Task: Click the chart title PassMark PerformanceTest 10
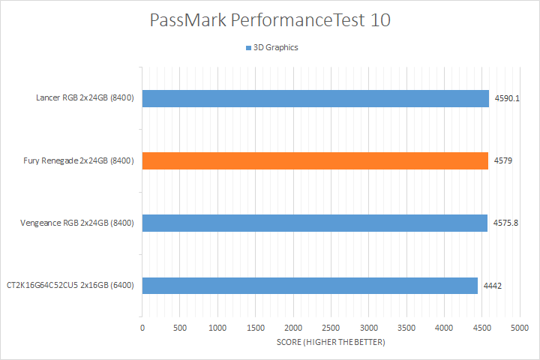point(270,20)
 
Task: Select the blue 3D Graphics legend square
point(247,47)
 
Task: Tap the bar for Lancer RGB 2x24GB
point(315,98)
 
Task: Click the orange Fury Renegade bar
point(315,160)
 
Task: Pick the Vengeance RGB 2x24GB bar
point(315,223)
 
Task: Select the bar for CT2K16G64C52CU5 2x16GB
point(310,285)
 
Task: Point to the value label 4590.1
point(506,98)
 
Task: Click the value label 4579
point(502,160)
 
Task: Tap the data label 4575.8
point(506,223)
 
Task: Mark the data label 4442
point(492,285)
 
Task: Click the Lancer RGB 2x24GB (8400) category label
point(85,98)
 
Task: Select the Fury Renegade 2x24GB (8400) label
point(78,160)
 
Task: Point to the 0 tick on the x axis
point(142,328)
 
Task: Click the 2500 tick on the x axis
point(331,328)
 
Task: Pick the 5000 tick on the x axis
point(520,328)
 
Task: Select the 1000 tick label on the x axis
point(217,328)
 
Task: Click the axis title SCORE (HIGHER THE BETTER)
point(331,343)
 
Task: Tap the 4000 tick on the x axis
point(444,328)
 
